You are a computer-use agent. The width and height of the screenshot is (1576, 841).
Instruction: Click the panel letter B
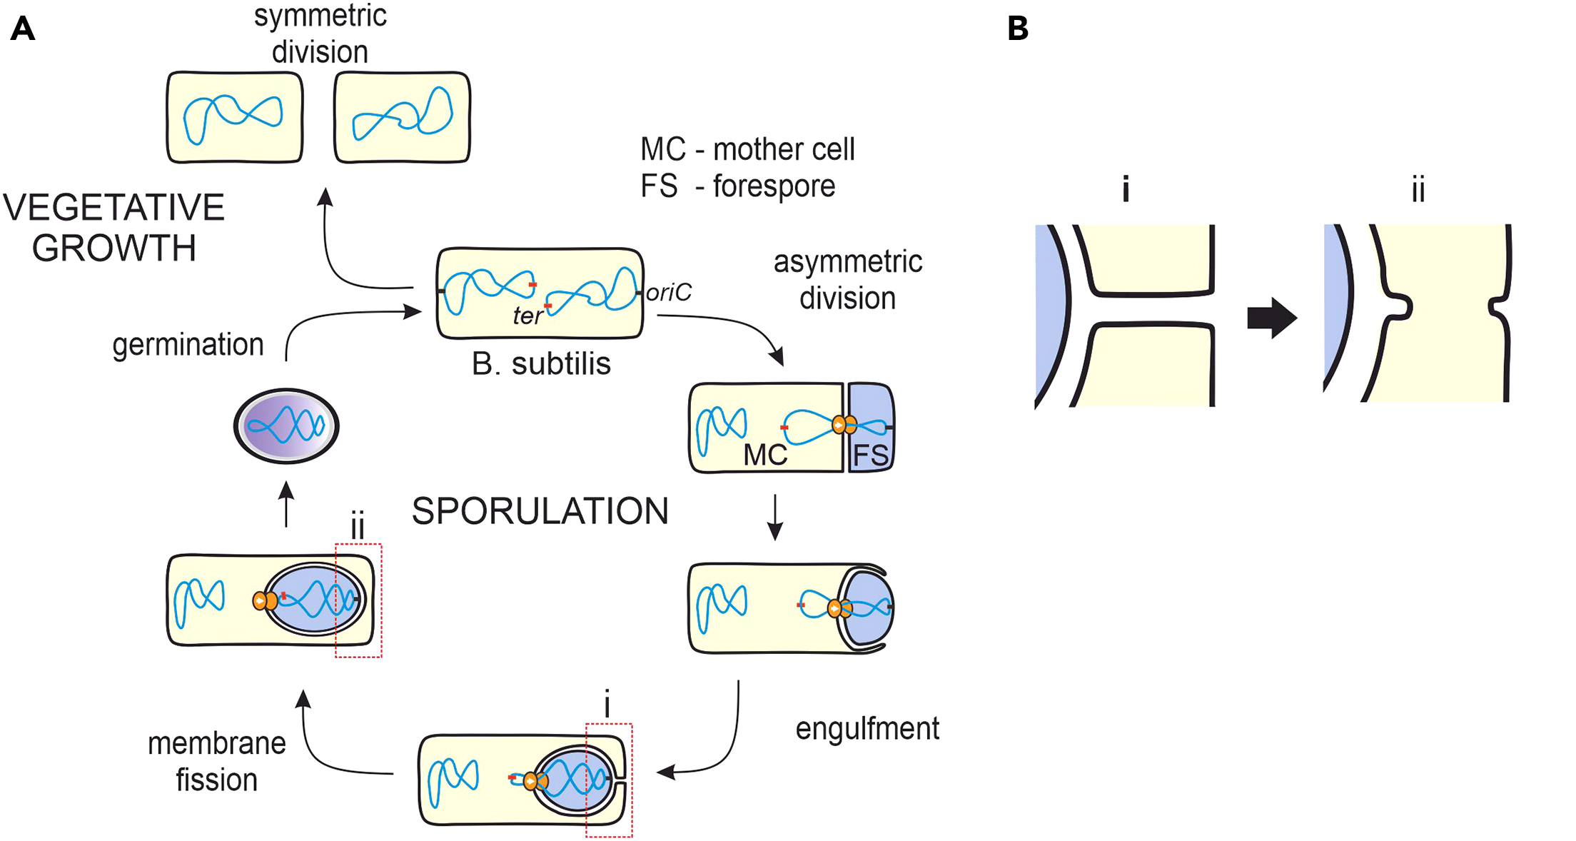pos(1017,29)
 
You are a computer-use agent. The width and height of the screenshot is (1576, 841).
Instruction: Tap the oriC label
pos(669,293)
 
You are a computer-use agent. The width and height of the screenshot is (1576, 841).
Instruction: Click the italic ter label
pos(527,316)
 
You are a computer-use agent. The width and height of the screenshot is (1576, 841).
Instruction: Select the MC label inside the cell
pos(764,455)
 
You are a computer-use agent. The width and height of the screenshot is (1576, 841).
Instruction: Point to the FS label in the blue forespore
pos(871,455)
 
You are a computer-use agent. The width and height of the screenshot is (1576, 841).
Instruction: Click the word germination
pos(188,345)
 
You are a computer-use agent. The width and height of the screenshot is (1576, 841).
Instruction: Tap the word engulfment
pos(867,729)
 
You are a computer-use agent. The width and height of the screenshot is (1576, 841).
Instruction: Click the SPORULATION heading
pos(540,511)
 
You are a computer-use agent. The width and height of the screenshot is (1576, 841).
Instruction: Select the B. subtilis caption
pos(541,364)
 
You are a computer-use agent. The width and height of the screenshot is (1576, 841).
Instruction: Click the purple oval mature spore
pos(286,426)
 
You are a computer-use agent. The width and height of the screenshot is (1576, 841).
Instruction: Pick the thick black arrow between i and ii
pos(1271,318)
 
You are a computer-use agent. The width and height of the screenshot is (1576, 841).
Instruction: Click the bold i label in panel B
pos(1126,191)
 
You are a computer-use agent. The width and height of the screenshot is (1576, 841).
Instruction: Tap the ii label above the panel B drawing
pos(1418,191)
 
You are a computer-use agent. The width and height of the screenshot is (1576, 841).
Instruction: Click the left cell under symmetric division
pos(235,117)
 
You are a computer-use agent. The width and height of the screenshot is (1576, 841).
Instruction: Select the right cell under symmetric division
pos(402,117)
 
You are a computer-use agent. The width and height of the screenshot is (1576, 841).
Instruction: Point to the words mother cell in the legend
pos(783,149)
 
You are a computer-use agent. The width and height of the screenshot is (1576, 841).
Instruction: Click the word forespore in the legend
pos(774,186)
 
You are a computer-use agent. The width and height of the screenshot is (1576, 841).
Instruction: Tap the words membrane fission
pos(216,762)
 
